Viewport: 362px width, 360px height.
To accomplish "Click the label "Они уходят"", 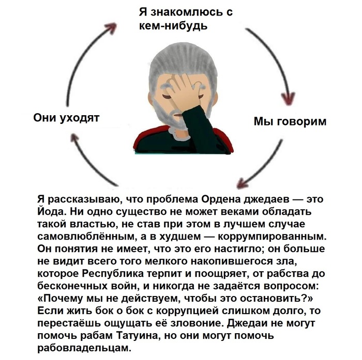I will point(66,118).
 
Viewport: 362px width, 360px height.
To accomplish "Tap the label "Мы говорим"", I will point(290,121).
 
